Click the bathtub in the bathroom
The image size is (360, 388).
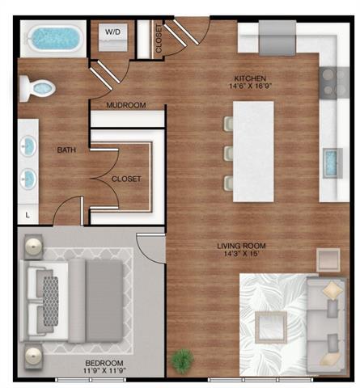[x=49, y=38]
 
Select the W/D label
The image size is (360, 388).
[x=112, y=33]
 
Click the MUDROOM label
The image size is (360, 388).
[x=125, y=105]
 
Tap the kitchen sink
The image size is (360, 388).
[x=332, y=162]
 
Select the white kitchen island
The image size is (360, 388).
[x=253, y=151]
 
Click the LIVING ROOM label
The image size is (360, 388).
[x=242, y=246]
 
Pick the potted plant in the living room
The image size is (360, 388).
[x=183, y=358]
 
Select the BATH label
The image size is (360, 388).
[x=66, y=150]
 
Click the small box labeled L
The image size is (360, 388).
[x=28, y=214]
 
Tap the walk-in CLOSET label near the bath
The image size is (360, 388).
[x=125, y=179]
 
